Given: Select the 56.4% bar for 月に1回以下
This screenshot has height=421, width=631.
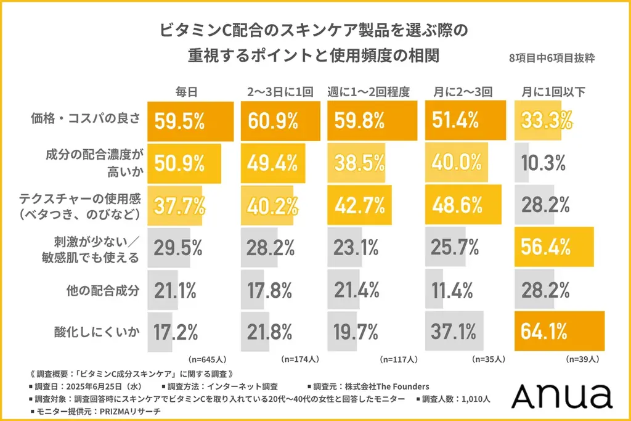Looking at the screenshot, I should pos(553,248).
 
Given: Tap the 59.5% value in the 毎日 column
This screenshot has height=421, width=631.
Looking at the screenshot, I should pos(179,121).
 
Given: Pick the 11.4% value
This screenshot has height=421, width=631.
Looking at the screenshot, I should pos(449,290).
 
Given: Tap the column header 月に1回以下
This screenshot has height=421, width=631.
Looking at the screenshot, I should pos(553,92).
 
